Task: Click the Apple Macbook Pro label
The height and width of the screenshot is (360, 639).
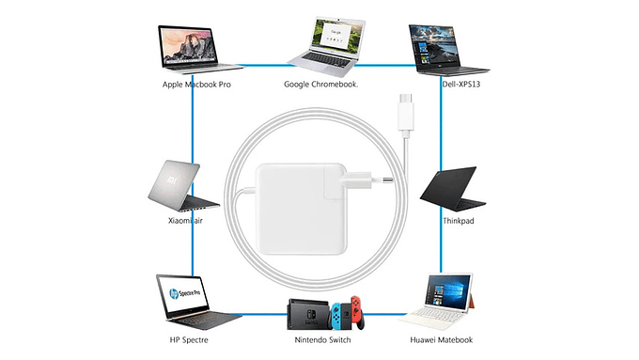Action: click(196, 85)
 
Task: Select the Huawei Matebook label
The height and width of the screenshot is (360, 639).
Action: click(441, 339)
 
